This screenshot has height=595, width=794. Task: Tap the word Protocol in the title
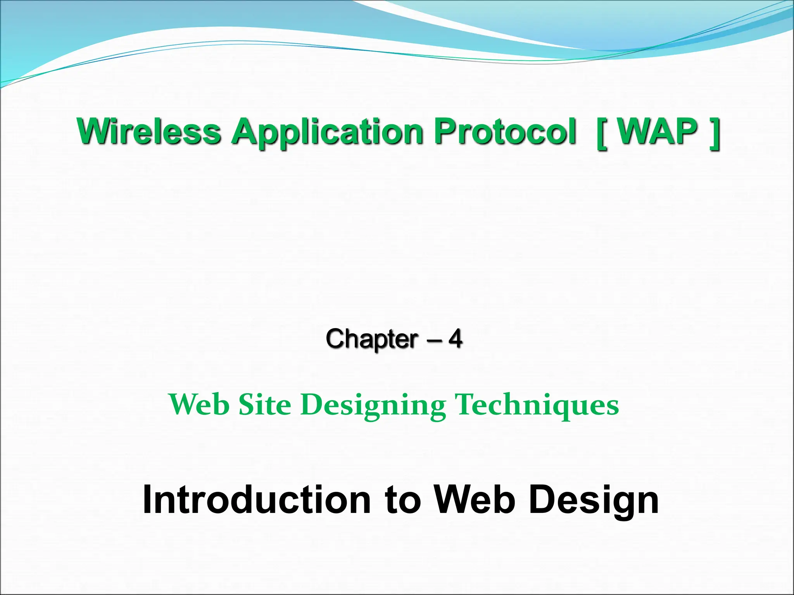504,132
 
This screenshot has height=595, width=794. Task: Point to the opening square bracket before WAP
602,133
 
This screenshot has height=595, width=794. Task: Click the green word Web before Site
199,404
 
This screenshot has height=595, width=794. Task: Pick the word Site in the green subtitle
265,404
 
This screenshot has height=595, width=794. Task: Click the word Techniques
537,405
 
